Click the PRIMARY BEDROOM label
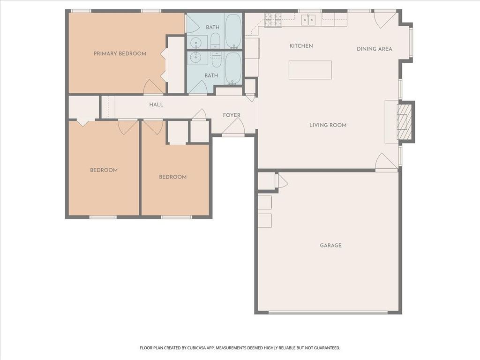pos(120,53)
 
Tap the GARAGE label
pos(330,245)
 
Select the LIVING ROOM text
pos(328,125)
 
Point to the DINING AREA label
pos(375,49)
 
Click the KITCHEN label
pos(301,45)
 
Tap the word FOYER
pos(232,115)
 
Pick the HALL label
pos(156,105)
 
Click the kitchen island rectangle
pos(310,70)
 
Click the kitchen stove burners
pos(273,20)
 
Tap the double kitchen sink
pos(308,20)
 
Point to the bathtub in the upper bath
pos(233,31)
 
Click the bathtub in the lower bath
pos(233,68)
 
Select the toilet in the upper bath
pos(216,40)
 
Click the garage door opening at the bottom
pos(328,313)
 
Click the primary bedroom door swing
pos(153,87)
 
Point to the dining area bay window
pos(411,43)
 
